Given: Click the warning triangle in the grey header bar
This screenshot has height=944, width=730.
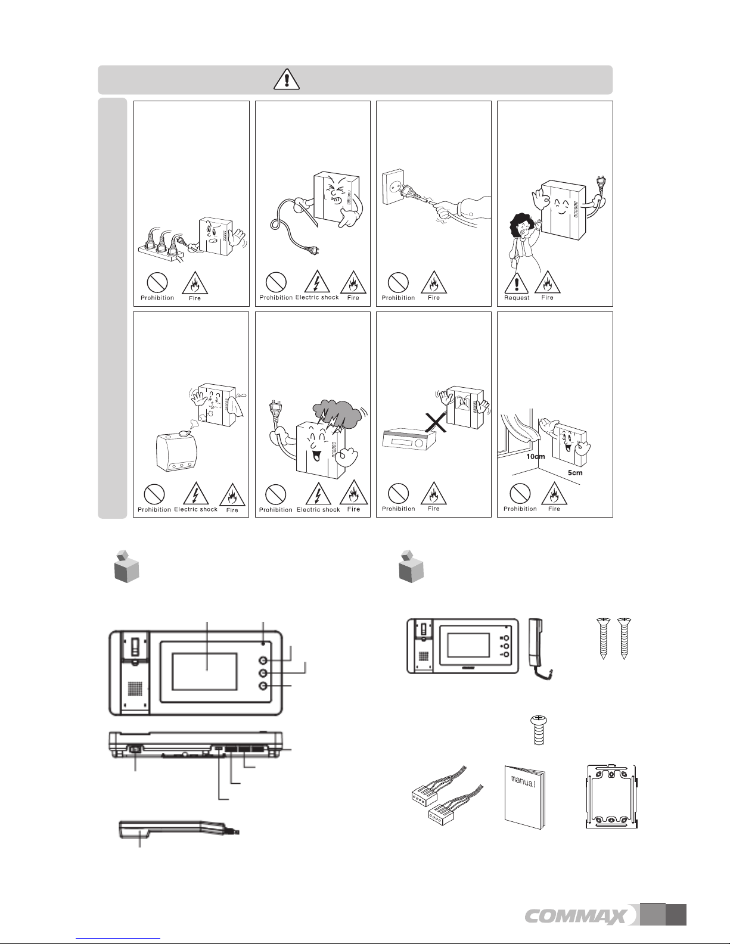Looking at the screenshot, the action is point(287,79).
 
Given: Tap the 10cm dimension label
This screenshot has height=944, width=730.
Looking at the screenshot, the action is point(535,457).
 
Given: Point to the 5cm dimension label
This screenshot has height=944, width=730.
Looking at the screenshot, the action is point(575,473).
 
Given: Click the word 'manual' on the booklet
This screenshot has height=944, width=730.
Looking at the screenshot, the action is point(523,782).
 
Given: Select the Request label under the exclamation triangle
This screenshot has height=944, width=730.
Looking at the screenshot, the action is point(517,298).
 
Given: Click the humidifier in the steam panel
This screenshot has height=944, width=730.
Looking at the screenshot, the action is point(176,451).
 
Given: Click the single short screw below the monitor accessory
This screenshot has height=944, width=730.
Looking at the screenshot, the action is point(538,731).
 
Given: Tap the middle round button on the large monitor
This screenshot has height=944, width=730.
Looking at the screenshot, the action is point(263,673).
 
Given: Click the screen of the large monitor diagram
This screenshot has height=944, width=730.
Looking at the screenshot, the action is point(204,672).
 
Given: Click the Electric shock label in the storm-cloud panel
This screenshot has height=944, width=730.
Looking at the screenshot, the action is point(318,510).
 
